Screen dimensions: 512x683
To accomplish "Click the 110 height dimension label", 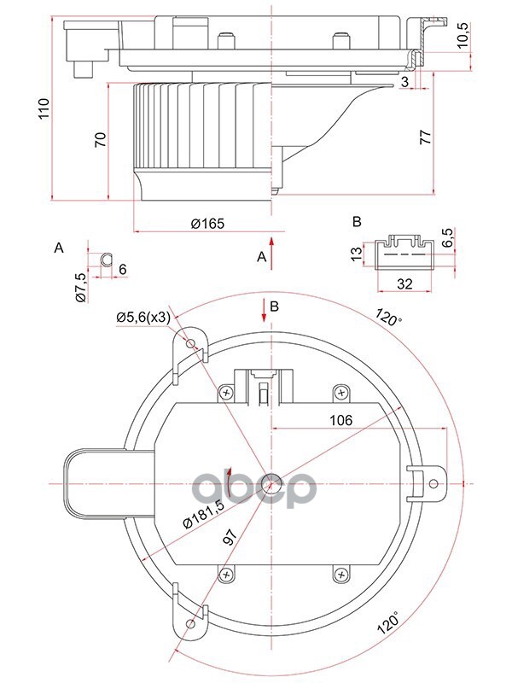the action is click(x=44, y=109).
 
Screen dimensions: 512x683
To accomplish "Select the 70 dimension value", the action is click(x=101, y=139).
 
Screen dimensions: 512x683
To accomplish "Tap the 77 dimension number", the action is click(x=425, y=137).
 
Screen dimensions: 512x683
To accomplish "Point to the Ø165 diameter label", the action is click(x=207, y=224).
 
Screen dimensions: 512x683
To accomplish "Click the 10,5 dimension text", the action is click(x=463, y=35).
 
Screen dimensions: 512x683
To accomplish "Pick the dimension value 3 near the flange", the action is click(x=404, y=81).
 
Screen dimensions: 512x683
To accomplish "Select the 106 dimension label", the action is click(x=340, y=420).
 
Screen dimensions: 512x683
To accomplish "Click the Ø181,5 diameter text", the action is click(x=203, y=515).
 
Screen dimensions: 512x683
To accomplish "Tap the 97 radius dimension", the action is click(x=230, y=537).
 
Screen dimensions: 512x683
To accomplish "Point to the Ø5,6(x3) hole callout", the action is click(x=143, y=318).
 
